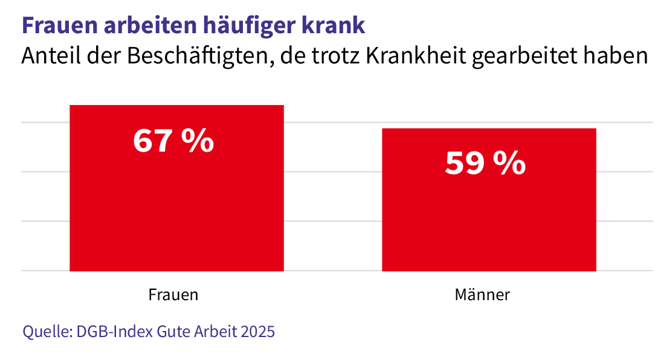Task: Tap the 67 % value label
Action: click(x=173, y=141)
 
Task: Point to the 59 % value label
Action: click(x=485, y=164)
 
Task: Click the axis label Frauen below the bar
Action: click(x=173, y=295)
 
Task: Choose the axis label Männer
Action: click(x=482, y=295)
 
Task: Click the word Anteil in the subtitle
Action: click(x=47, y=57)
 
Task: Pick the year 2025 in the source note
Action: click(x=257, y=332)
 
